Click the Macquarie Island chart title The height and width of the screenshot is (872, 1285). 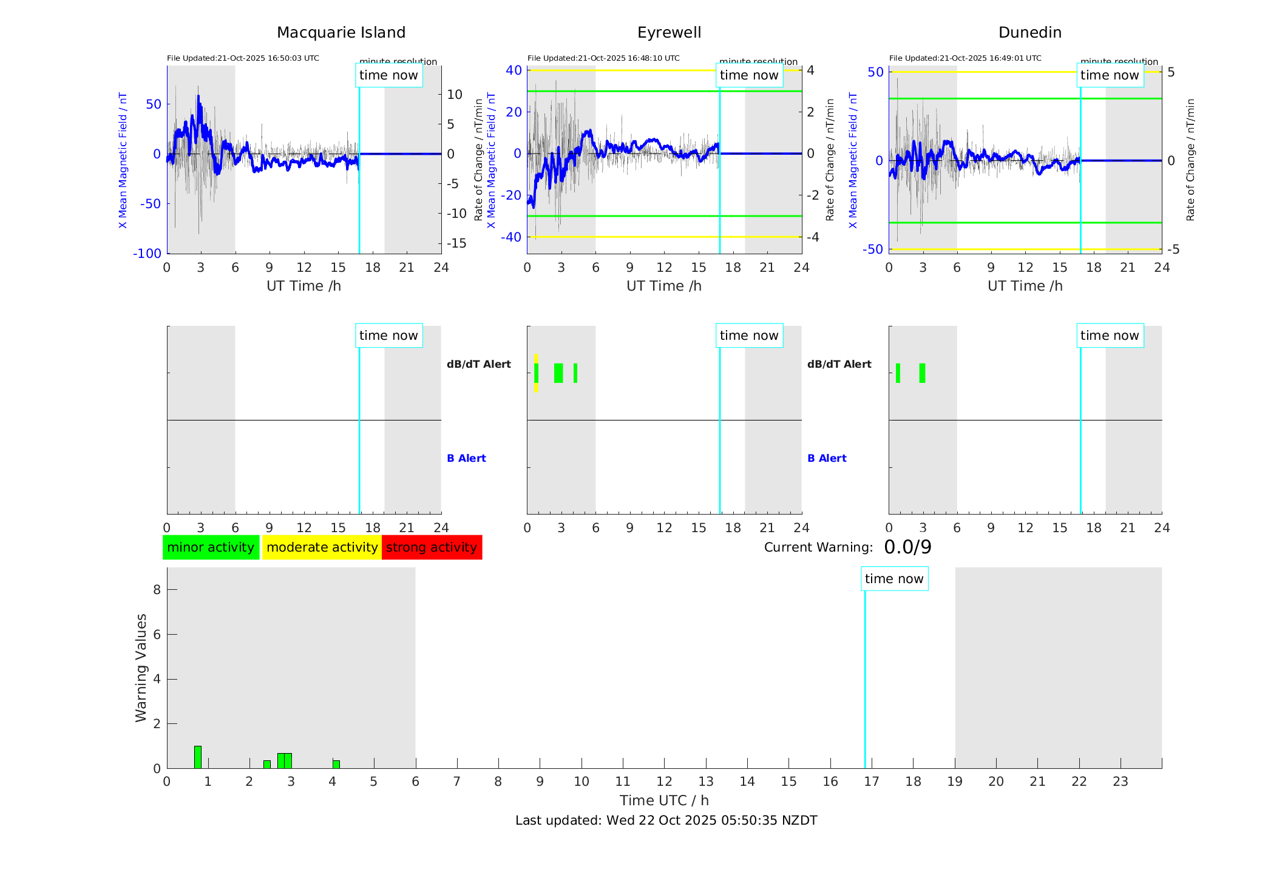[x=341, y=33]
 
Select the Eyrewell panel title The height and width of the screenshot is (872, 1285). [x=669, y=33]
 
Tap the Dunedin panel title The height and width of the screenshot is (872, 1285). [x=1029, y=33]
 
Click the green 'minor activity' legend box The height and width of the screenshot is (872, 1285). [x=211, y=547]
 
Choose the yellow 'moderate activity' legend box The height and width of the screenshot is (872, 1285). [x=322, y=547]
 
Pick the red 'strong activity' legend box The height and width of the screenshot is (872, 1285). [x=432, y=547]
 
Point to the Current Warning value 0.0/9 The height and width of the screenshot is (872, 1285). [x=907, y=547]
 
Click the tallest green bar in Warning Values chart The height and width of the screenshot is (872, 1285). [x=198, y=757]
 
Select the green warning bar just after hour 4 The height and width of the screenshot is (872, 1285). [x=336, y=764]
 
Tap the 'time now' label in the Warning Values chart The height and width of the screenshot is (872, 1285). [x=894, y=579]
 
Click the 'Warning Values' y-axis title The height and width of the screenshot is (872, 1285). [x=141, y=668]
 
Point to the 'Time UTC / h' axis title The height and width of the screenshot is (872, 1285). [x=664, y=800]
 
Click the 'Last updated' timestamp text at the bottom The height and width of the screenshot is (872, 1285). [x=666, y=820]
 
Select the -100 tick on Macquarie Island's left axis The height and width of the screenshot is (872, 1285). [x=147, y=254]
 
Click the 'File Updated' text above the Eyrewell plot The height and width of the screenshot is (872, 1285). [x=603, y=58]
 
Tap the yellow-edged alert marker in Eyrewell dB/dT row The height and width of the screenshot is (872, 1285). [x=536, y=373]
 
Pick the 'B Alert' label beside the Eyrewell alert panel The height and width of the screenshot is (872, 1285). [x=827, y=458]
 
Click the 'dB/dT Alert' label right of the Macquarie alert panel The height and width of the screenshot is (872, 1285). [x=478, y=364]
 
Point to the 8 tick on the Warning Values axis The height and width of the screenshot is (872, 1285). [x=157, y=589]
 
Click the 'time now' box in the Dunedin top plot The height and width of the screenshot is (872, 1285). [x=1110, y=75]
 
